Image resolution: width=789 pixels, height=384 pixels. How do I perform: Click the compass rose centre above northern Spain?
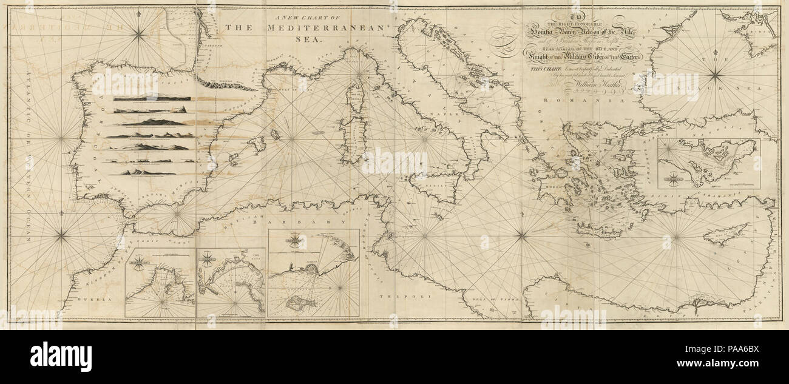pos(139,36)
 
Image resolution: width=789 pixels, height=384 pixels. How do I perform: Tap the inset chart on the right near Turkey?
pos(708,163)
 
